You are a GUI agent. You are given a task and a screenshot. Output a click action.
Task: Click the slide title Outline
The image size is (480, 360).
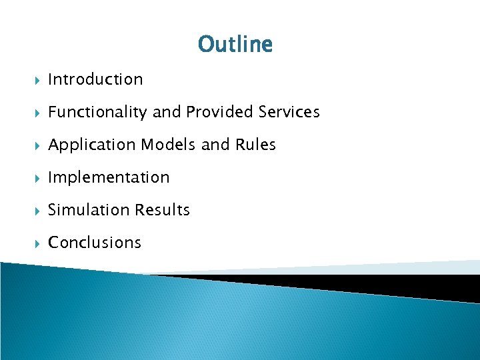click(x=235, y=45)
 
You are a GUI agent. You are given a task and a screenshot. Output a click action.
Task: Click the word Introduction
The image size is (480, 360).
click(x=95, y=79)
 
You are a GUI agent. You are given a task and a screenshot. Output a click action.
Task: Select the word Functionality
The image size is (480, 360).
click(x=97, y=113)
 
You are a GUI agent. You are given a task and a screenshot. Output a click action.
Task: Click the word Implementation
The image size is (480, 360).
click(x=109, y=177)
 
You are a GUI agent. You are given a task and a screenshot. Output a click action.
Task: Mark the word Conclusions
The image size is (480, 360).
click(x=95, y=243)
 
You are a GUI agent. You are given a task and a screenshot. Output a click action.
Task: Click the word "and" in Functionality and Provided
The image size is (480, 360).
click(x=167, y=112)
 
